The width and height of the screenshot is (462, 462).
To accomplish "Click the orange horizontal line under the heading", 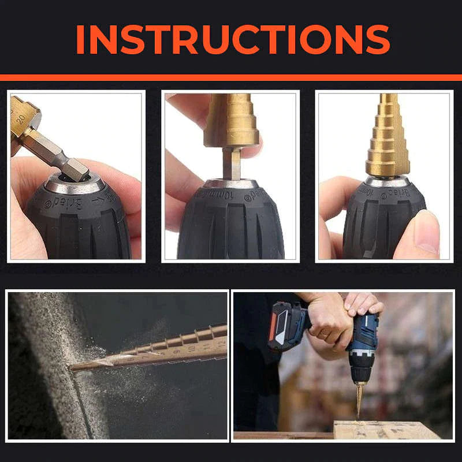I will point(231,77).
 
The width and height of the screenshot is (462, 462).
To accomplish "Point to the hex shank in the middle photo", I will point(232,164).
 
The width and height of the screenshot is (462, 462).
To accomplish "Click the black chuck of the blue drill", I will point(359,370).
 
